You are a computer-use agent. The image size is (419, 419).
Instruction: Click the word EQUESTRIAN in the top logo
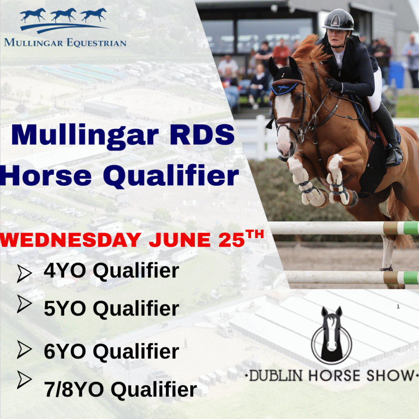click(97, 43)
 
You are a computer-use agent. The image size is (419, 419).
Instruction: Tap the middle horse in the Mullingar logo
click(63, 15)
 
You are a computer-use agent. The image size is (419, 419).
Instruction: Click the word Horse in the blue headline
click(46, 175)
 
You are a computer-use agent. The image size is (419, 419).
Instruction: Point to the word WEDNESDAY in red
click(70, 240)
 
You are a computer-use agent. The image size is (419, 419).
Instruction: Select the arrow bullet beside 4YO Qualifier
click(25, 273)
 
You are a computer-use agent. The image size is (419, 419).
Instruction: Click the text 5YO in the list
click(65, 309)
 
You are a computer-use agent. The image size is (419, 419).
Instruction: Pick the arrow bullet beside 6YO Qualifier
click(25, 349)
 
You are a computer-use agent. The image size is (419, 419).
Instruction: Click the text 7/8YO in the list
click(74, 390)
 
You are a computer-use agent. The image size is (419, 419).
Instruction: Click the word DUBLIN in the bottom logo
click(276, 376)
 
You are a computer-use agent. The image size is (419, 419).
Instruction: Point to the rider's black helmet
click(338, 20)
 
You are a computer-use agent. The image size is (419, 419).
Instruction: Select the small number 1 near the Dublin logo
click(398, 306)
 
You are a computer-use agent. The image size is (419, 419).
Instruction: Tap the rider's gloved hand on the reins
click(334, 84)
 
